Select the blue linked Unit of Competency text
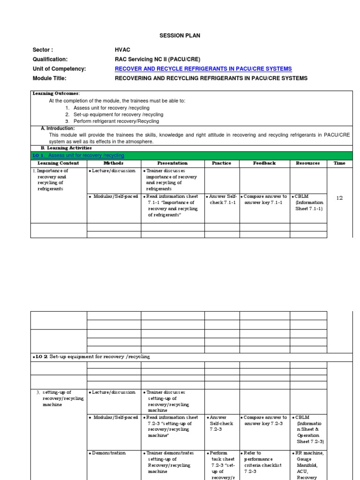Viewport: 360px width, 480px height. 203,68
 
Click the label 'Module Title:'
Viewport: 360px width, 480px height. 50,78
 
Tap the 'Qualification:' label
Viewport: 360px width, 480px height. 50,59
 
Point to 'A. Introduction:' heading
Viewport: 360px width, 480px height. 58,128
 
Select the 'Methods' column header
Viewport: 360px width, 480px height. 113,163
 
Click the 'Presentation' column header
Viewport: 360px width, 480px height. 172,163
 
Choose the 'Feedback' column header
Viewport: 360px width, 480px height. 264,163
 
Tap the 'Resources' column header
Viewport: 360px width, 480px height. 308,163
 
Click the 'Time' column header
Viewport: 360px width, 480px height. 339,163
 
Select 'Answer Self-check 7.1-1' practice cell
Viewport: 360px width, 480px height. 222,199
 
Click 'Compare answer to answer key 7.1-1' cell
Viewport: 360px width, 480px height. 264,199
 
